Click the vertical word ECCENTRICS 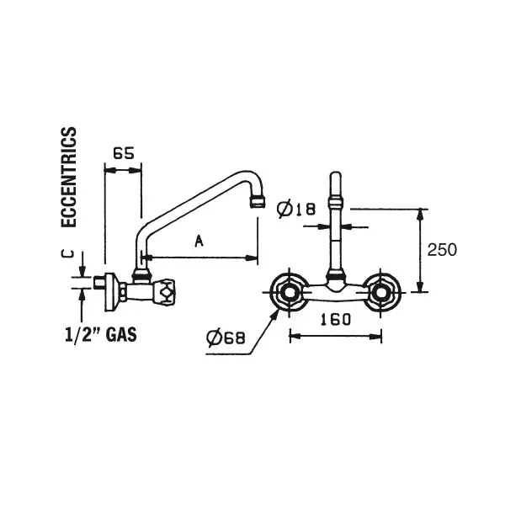tap(69, 178)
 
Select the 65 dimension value tap(124, 154)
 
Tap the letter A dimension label tap(199, 241)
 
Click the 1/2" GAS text tap(101, 334)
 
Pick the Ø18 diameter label tap(296, 209)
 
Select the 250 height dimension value tap(442, 250)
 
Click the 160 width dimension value tap(335, 320)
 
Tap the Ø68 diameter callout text tap(226, 338)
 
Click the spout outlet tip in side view tap(258, 202)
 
